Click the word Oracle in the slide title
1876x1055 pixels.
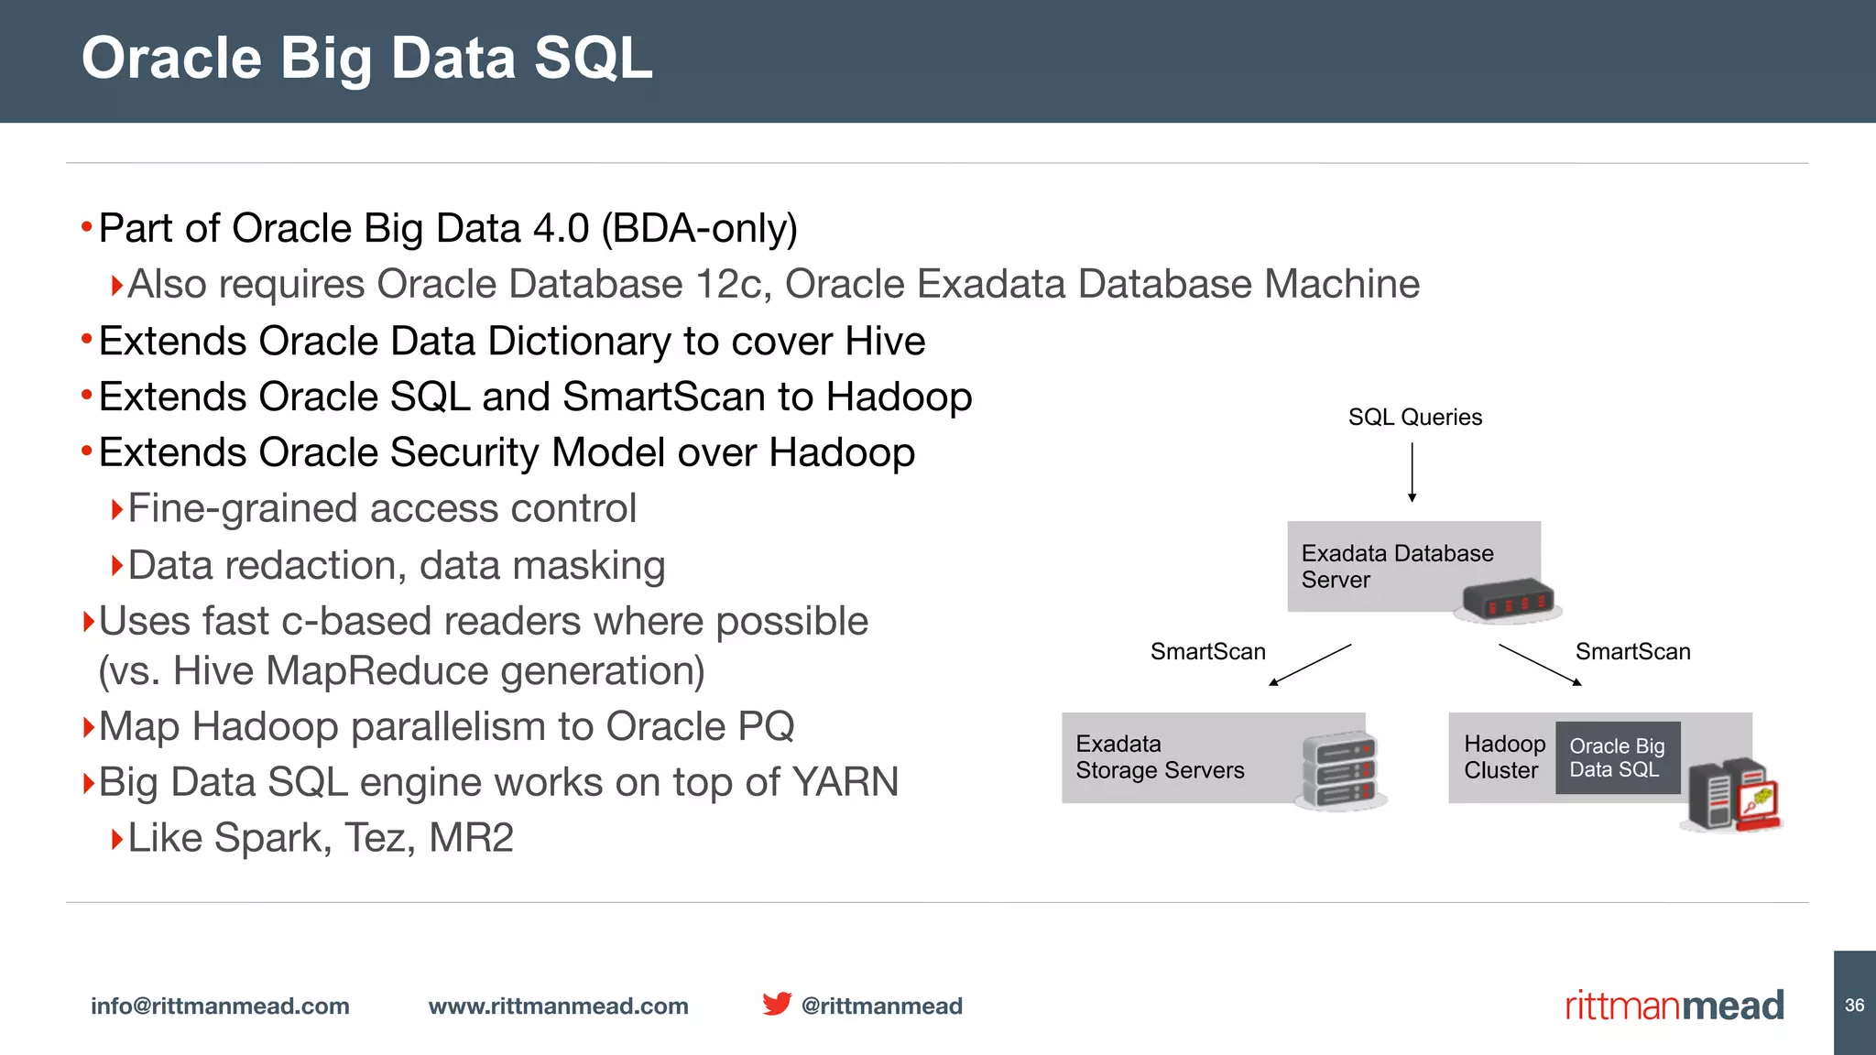click(x=172, y=59)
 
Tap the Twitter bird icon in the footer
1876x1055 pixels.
click(x=777, y=1004)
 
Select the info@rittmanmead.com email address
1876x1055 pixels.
click(x=220, y=1006)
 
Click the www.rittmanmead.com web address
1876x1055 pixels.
click(x=558, y=1006)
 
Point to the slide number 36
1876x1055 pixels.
click(x=1854, y=1005)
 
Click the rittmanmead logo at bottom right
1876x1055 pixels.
click(x=1674, y=1006)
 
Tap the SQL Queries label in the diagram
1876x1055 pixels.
click(x=1414, y=418)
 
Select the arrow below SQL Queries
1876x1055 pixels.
click(x=1412, y=473)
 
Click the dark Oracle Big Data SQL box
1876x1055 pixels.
click(x=1617, y=758)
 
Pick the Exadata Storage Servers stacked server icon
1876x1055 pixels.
click(x=1340, y=770)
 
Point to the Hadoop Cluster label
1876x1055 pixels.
click(x=1503, y=757)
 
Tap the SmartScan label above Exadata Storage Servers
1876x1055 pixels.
click(x=1207, y=652)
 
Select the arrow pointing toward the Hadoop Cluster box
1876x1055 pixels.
click(x=1540, y=665)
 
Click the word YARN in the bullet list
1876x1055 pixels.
click(x=845, y=783)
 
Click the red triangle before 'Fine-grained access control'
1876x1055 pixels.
click(x=116, y=509)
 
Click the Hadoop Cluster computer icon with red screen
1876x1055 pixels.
click(x=1732, y=795)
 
